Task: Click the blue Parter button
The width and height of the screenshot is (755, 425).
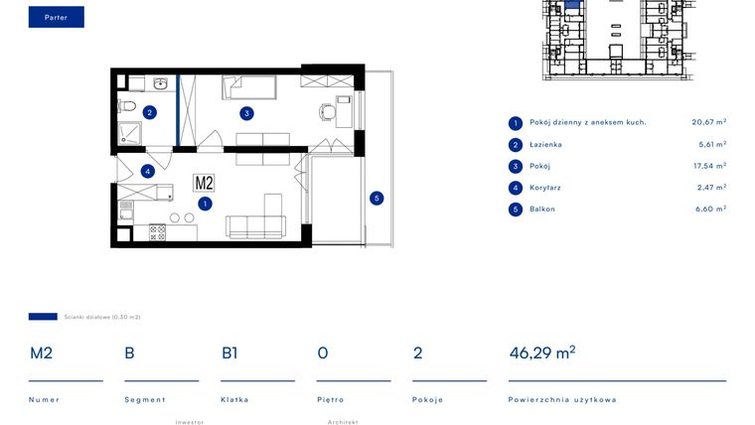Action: coord(56,17)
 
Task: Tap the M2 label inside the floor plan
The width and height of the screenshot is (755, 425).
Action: coord(204,183)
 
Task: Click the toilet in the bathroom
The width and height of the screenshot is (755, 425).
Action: coord(125,104)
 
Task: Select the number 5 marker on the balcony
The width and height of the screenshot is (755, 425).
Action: coord(376,198)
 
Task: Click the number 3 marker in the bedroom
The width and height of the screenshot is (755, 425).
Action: coord(244,112)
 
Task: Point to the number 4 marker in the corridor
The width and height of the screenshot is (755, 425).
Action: coord(148,171)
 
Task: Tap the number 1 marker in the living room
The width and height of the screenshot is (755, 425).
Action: coord(204,204)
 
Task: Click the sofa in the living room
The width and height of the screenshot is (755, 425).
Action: coord(257,227)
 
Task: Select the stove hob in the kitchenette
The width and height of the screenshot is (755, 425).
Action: coord(157,232)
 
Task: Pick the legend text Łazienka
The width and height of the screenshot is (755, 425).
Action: coord(546,144)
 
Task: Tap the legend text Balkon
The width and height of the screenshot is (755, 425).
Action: coord(542,209)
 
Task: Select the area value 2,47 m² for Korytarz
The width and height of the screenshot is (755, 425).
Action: coord(708,187)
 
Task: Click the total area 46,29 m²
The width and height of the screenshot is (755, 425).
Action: coord(541,353)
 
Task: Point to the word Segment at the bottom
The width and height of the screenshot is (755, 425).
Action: coord(144,400)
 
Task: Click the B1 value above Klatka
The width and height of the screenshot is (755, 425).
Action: coord(229,353)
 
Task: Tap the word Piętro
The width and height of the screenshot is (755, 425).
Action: coord(330,400)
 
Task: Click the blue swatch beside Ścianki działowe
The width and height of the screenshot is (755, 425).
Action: coord(43,317)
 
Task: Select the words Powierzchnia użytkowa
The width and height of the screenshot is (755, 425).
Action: coord(562,400)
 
